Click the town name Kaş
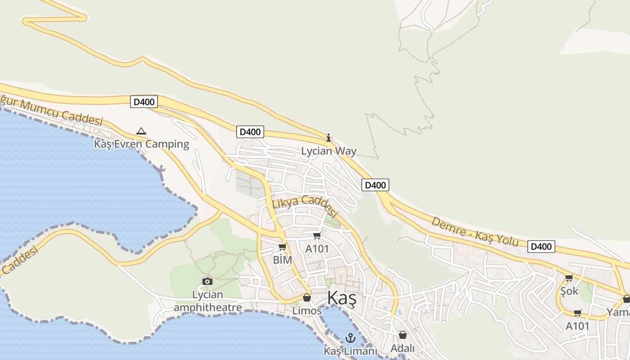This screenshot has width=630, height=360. click(342, 298)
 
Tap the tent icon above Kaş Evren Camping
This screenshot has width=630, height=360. click(141, 131)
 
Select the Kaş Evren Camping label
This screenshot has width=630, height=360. click(141, 144)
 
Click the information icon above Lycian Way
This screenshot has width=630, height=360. click(328, 138)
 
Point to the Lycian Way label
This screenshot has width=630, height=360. click(328, 151)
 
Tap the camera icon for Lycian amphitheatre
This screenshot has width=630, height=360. click(207, 282)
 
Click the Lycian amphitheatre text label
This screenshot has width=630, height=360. click(207, 301)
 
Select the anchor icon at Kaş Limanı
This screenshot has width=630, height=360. click(350, 337)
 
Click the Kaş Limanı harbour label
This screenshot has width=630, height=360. click(350, 351)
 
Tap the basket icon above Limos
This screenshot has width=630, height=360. click(307, 297)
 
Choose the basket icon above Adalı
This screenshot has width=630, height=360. click(403, 335)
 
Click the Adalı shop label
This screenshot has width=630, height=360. click(403, 348)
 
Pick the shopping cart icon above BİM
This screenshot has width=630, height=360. click(283, 247)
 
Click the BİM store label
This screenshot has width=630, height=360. click(283, 260)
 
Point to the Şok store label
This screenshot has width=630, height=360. click(569, 291)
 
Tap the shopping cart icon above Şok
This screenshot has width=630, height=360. click(569, 278)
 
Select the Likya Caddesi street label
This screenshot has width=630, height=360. click(305, 205)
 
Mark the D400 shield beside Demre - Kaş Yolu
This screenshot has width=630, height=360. click(541, 247)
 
